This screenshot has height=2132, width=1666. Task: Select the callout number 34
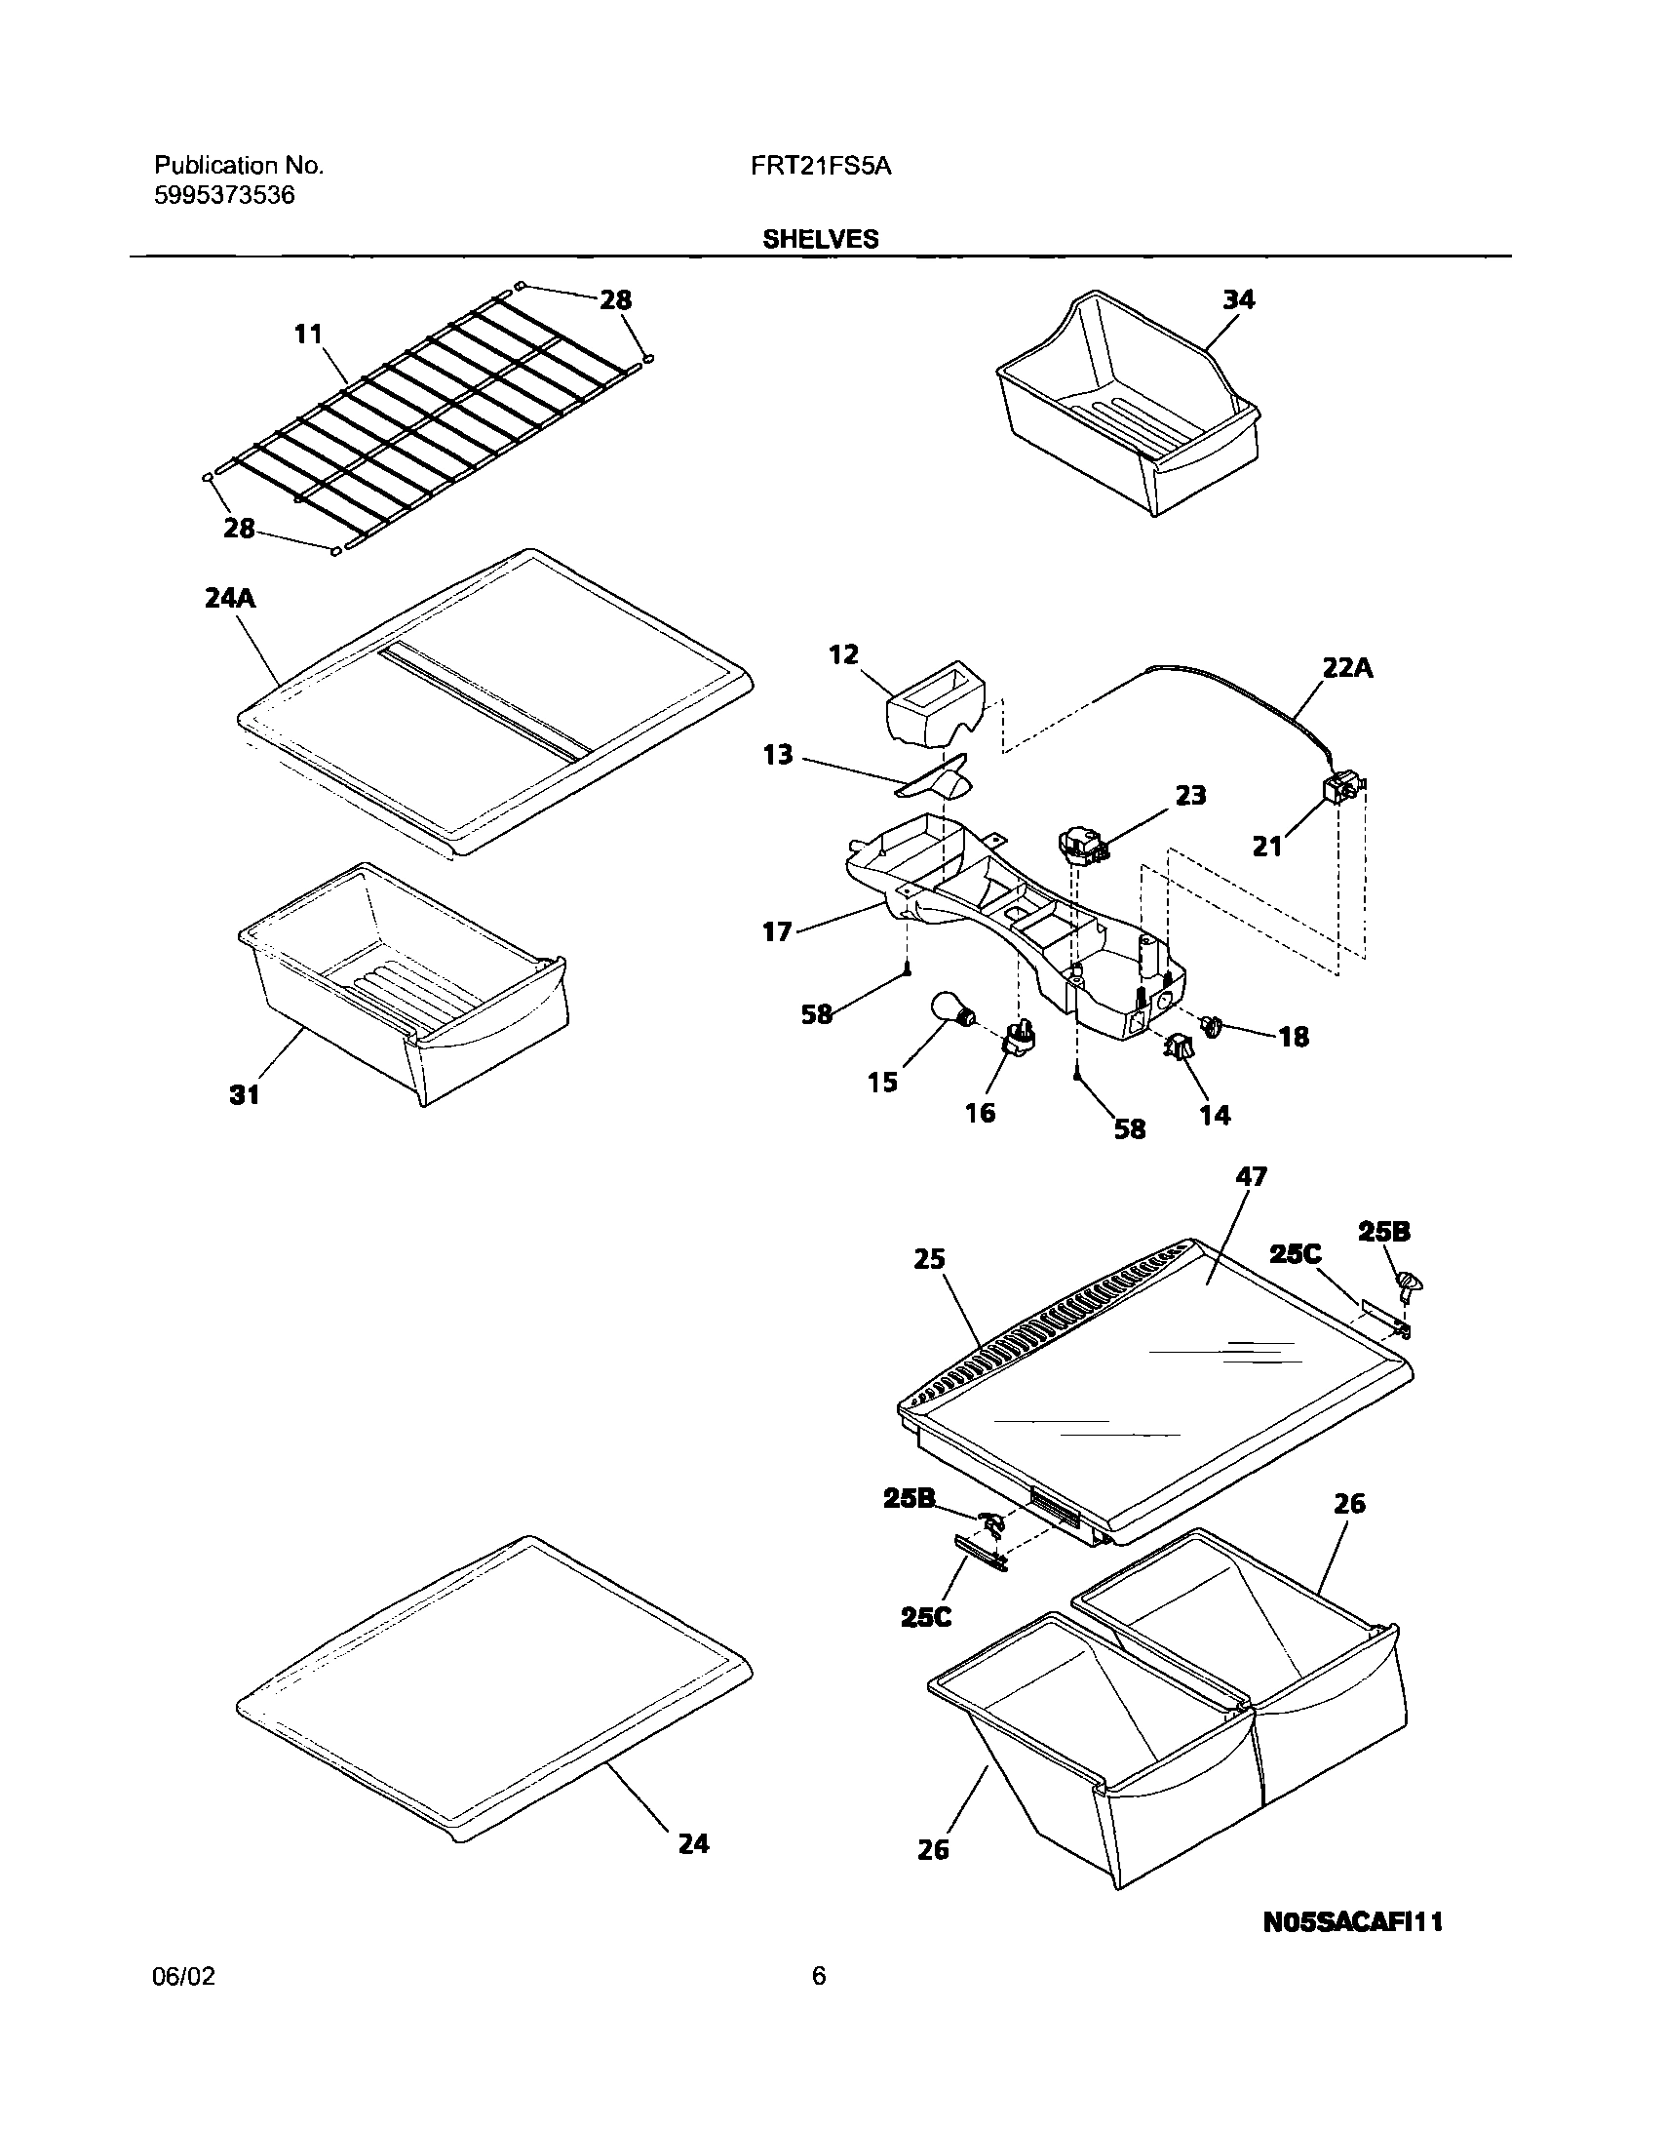1238,299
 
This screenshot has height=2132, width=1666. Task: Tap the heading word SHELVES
820,239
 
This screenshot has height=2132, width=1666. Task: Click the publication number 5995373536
224,195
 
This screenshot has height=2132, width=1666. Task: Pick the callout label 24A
230,599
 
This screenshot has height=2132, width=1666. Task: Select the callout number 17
777,932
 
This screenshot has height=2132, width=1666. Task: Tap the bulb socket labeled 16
1019,1042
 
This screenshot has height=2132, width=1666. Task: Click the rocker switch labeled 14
1178,1047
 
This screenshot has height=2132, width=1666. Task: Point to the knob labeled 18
1212,1026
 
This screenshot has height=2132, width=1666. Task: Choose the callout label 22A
1347,669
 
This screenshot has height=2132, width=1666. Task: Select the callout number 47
1251,1177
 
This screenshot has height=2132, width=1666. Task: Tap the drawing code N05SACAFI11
1353,1923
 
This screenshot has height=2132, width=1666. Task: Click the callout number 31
244,1095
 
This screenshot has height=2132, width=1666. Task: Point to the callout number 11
308,335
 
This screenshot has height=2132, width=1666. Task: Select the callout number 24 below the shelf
693,1844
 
